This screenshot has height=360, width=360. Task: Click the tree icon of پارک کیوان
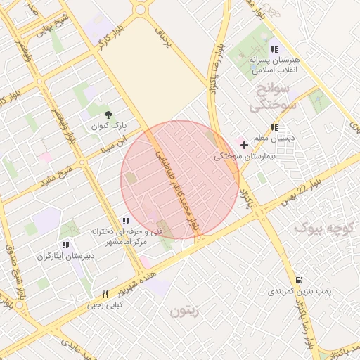tap(108, 114)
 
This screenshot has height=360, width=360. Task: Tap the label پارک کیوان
tap(108, 127)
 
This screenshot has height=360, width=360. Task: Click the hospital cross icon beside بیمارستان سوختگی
tap(244, 144)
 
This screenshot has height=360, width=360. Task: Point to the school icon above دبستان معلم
tap(274, 127)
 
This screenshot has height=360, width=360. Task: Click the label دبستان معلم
tap(274, 139)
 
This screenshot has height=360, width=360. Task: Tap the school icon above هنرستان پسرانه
tap(274, 49)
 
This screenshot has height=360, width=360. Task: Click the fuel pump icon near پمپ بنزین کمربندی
tap(300, 279)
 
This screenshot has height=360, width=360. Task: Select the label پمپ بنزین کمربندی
tap(300, 290)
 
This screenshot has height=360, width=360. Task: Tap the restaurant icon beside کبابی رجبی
tap(105, 294)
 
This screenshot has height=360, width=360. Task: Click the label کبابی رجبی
tap(105, 305)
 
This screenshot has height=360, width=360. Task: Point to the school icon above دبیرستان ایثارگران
tap(65, 245)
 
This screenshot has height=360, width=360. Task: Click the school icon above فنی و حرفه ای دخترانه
tap(125, 221)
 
